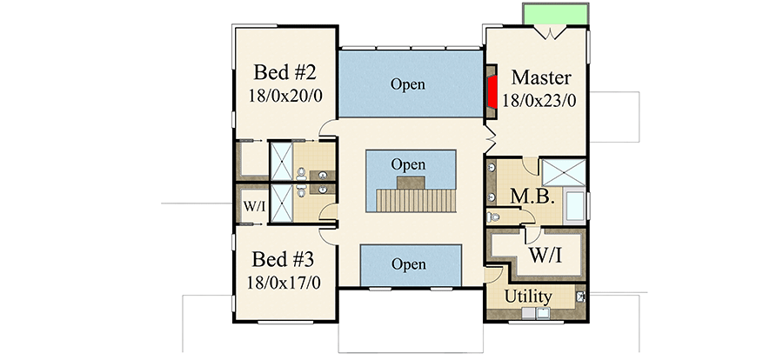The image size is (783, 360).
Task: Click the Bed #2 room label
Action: click(x=283, y=71)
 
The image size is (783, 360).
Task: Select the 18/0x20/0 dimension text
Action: click(x=283, y=95)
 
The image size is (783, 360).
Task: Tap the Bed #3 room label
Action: click(x=283, y=259)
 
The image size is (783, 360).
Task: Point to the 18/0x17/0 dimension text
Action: click(x=283, y=283)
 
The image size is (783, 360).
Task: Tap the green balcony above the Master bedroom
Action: click(x=557, y=15)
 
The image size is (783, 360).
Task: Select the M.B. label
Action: click(x=532, y=197)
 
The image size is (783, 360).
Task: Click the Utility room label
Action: click(x=529, y=297)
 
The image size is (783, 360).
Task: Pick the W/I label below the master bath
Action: click(x=545, y=257)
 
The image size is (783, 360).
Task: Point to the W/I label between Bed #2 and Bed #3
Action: click(x=254, y=207)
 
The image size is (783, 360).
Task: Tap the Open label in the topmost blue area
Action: click(x=408, y=84)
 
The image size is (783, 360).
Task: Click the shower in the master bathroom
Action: click(x=564, y=172)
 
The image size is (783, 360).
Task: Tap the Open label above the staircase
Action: click(x=408, y=164)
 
